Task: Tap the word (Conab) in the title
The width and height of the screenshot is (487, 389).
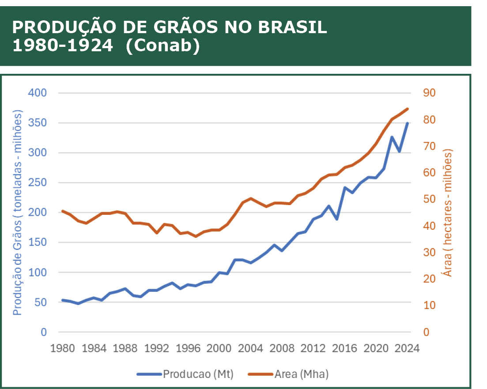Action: point(162,46)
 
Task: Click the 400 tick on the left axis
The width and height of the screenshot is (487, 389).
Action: point(38,93)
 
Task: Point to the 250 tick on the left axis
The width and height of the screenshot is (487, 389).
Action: point(38,183)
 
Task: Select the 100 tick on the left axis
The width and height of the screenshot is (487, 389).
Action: point(38,272)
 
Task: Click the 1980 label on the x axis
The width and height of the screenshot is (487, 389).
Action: point(62,348)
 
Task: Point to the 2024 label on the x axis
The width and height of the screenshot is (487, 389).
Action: point(407,348)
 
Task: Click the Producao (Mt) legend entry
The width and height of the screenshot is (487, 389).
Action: point(198,374)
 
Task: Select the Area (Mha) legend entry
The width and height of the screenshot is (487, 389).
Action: point(301,374)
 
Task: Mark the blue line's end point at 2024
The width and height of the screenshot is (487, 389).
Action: point(407,123)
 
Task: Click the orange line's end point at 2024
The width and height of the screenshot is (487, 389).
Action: point(407,109)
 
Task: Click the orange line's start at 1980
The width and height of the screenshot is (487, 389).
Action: point(62,211)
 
